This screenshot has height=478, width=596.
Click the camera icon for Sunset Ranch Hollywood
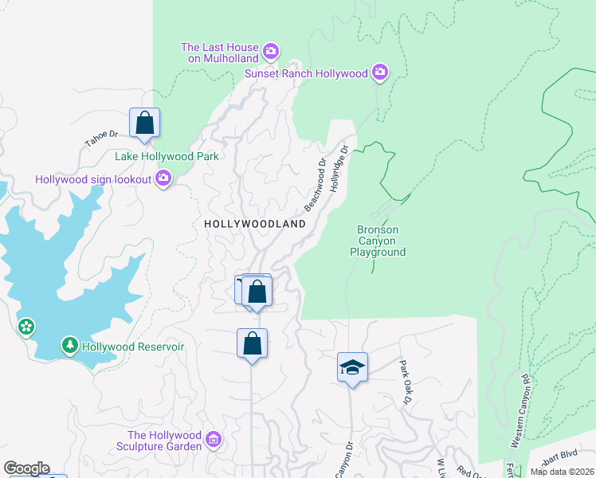point(380,73)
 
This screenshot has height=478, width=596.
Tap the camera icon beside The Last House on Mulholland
point(271,52)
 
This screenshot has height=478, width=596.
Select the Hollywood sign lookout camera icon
point(163,179)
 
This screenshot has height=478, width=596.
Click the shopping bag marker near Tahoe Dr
point(144,124)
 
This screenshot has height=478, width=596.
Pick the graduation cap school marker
point(352,368)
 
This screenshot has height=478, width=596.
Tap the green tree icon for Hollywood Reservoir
point(70,347)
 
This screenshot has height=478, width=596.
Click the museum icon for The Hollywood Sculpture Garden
point(213,440)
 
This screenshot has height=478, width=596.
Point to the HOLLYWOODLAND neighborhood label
point(255,225)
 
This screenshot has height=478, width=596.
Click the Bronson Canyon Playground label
point(378,241)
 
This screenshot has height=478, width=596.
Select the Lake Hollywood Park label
point(167,157)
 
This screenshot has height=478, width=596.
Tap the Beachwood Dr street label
point(316,185)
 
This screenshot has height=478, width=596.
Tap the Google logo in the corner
point(25,468)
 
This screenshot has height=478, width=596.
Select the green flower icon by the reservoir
point(26,327)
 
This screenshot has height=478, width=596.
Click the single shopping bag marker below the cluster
point(252,344)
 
